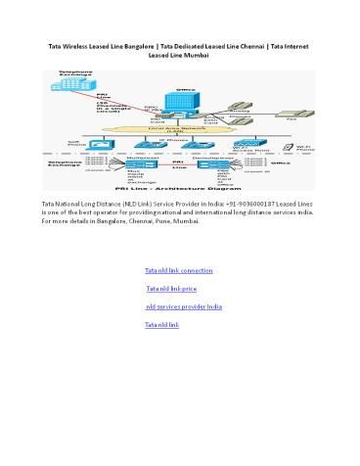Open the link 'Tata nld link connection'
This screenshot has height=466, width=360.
(178, 269)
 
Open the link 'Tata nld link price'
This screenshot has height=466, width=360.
(171, 289)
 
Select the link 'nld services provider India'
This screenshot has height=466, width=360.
(183, 306)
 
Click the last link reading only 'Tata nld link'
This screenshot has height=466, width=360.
(161, 324)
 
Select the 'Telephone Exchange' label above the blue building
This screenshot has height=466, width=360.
(76, 73)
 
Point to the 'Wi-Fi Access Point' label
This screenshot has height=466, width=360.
(245, 146)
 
